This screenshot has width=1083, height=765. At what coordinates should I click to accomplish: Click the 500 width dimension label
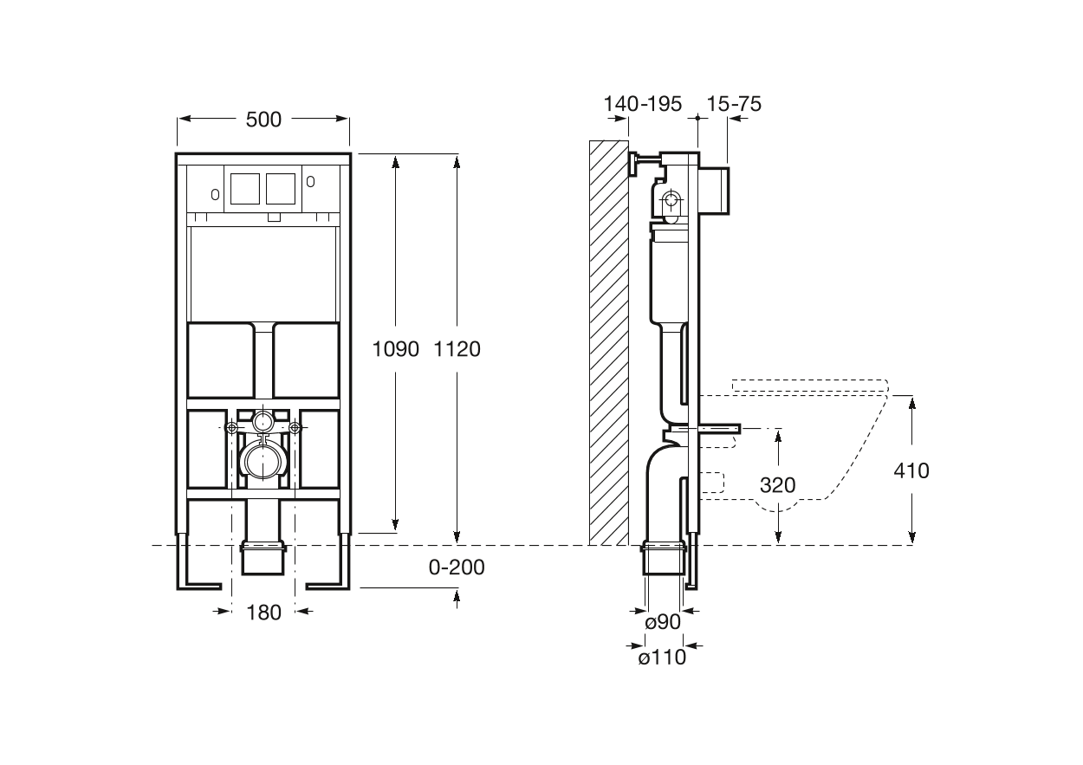(263, 120)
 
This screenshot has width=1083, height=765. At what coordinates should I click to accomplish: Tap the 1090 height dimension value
(395, 349)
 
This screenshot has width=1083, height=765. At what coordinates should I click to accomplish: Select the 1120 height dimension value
(457, 349)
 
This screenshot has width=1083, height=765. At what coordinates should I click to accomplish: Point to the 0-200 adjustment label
(457, 567)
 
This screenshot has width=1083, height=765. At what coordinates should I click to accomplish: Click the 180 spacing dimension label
(263, 613)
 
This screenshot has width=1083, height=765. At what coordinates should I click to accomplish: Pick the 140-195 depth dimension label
(643, 104)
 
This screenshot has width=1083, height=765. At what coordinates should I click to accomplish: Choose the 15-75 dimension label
(734, 104)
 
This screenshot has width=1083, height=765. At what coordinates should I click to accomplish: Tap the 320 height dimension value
(777, 485)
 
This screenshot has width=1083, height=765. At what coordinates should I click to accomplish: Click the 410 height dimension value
(911, 470)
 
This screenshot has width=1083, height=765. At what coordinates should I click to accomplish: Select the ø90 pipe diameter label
(663, 621)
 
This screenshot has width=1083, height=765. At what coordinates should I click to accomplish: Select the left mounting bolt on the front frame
(231, 427)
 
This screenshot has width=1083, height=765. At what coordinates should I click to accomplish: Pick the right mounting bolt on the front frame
(295, 427)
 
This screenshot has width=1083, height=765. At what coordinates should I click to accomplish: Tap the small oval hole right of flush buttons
(310, 182)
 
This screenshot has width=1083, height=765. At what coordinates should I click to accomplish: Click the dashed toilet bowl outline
(832, 451)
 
